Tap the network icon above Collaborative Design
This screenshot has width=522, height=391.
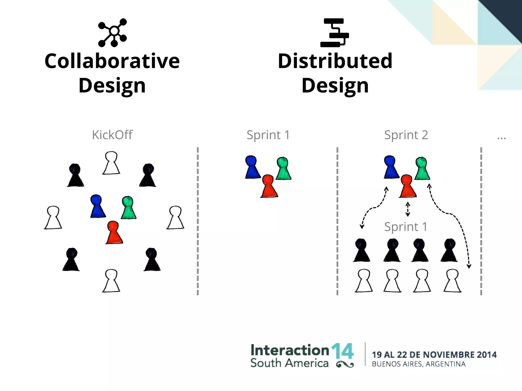(112, 33)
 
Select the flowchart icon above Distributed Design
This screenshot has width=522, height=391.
(334, 33)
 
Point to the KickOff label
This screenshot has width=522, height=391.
(112, 135)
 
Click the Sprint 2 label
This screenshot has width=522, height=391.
(406, 135)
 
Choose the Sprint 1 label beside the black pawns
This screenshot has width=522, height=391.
(406, 227)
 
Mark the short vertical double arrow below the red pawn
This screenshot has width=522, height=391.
(408, 209)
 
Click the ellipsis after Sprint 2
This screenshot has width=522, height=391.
(501, 138)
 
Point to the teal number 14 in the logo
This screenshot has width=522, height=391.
(342, 351)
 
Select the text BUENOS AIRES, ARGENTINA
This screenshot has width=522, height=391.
(419, 364)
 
